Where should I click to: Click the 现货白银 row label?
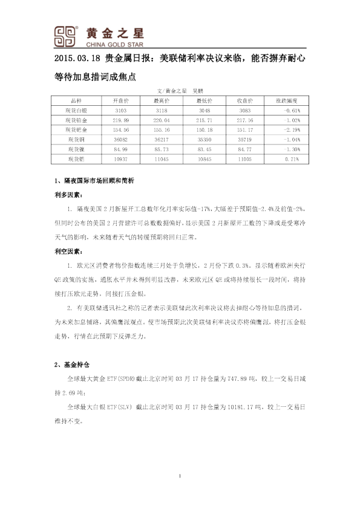[76, 111]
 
